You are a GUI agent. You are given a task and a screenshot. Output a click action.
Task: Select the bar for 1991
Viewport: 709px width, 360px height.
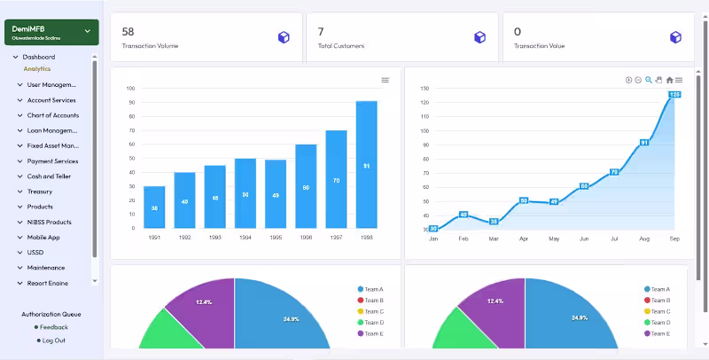click(x=154, y=207)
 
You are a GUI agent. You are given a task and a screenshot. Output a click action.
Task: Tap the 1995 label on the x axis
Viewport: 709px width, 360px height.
click(x=276, y=237)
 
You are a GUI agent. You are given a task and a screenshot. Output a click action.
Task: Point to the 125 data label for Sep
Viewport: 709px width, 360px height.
click(x=674, y=94)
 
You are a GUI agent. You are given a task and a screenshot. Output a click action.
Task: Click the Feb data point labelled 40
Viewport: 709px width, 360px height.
click(x=463, y=215)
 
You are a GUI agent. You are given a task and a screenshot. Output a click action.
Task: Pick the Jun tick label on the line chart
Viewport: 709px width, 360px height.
click(x=583, y=239)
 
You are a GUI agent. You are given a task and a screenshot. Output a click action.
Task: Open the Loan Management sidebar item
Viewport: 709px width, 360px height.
click(x=52, y=130)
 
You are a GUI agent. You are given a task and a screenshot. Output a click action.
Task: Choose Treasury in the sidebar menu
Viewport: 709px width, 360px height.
click(x=40, y=192)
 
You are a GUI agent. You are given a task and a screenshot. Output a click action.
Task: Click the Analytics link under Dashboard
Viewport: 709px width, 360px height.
click(x=37, y=68)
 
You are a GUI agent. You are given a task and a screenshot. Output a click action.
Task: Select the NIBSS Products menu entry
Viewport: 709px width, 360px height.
click(x=49, y=222)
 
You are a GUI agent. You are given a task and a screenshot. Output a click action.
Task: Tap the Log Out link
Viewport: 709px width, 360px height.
click(x=53, y=340)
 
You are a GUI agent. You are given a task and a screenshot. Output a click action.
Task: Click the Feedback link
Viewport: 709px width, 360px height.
click(x=53, y=327)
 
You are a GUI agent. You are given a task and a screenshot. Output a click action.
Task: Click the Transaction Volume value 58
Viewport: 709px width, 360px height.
click(x=129, y=31)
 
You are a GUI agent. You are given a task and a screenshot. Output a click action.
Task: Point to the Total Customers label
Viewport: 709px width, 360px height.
click(x=341, y=46)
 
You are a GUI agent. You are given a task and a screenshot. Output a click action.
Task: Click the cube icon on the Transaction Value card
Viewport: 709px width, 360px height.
click(x=675, y=37)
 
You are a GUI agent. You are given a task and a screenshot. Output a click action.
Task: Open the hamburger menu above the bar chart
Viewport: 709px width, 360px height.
click(x=386, y=80)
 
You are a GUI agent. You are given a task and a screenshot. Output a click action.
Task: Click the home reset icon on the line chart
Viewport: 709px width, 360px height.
click(x=669, y=80)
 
